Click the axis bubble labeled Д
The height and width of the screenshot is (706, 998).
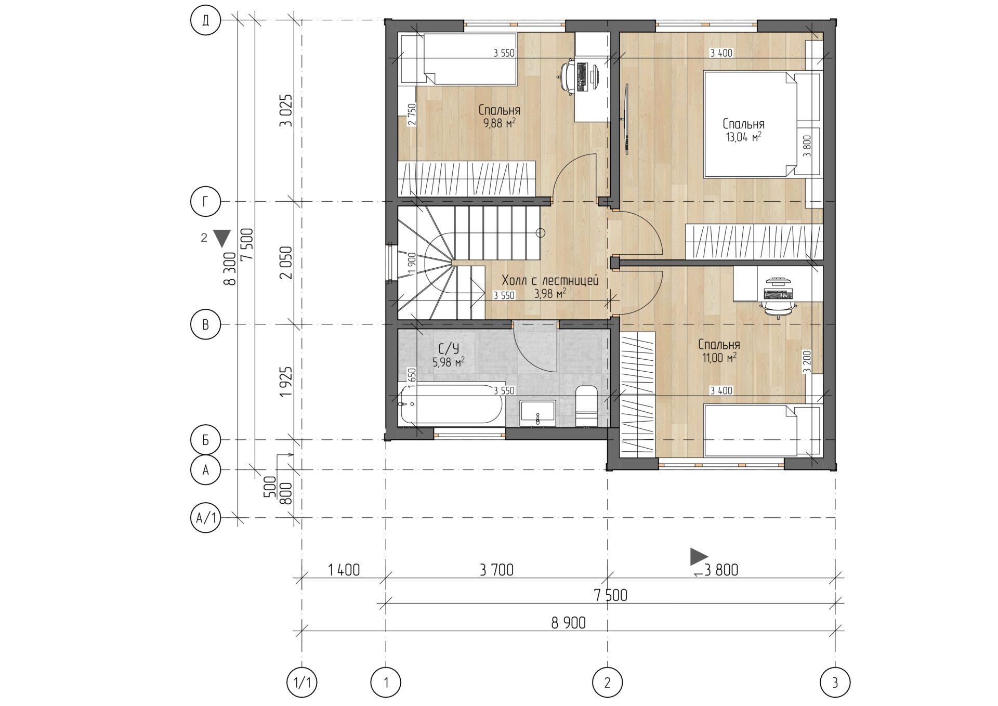click(206, 20)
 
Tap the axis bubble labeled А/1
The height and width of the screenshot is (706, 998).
click(206, 518)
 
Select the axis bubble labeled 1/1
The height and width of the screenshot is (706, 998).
click(302, 682)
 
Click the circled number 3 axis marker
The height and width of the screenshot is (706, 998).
click(835, 682)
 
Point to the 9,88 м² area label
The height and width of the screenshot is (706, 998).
click(499, 123)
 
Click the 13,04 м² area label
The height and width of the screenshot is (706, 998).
click(743, 137)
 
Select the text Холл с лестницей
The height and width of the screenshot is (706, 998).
click(550, 281)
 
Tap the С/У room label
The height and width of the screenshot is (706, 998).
click(449, 348)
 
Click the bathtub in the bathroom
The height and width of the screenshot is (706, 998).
click(450, 404)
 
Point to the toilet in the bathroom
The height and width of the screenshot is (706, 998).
click(587, 406)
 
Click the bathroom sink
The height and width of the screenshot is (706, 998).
click(537, 413)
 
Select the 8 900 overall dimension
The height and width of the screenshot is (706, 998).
click(569, 623)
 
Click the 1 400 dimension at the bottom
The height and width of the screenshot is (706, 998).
click(344, 570)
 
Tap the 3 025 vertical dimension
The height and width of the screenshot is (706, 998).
click(286, 111)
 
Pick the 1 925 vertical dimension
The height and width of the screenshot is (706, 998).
click(286, 382)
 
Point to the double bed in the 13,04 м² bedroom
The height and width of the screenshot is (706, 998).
click(750, 125)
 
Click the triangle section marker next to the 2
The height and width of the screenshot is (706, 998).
click(222, 238)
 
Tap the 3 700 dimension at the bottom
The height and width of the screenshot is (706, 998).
click(496, 570)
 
